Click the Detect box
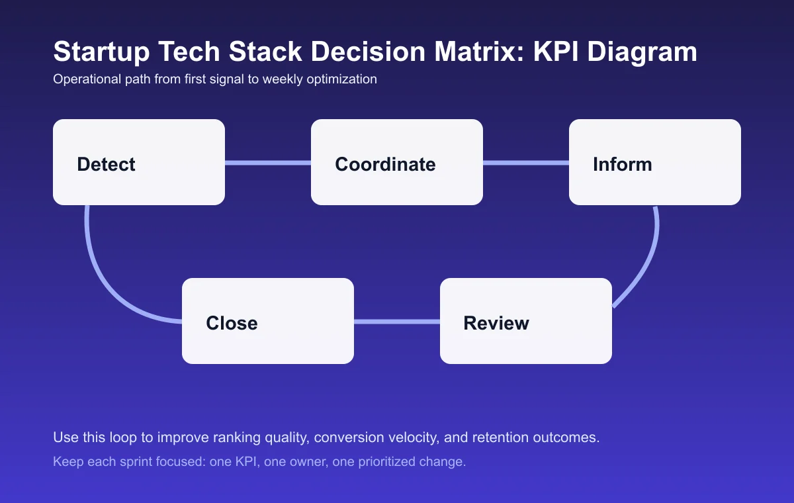tap(139, 162)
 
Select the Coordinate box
tap(397, 162)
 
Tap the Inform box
tap(655, 162)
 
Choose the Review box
tap(526, 321)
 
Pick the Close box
tap(268, 321)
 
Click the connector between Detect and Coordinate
tap(268, 163)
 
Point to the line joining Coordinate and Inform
tap(526, 163)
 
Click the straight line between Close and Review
tap(397, 322)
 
